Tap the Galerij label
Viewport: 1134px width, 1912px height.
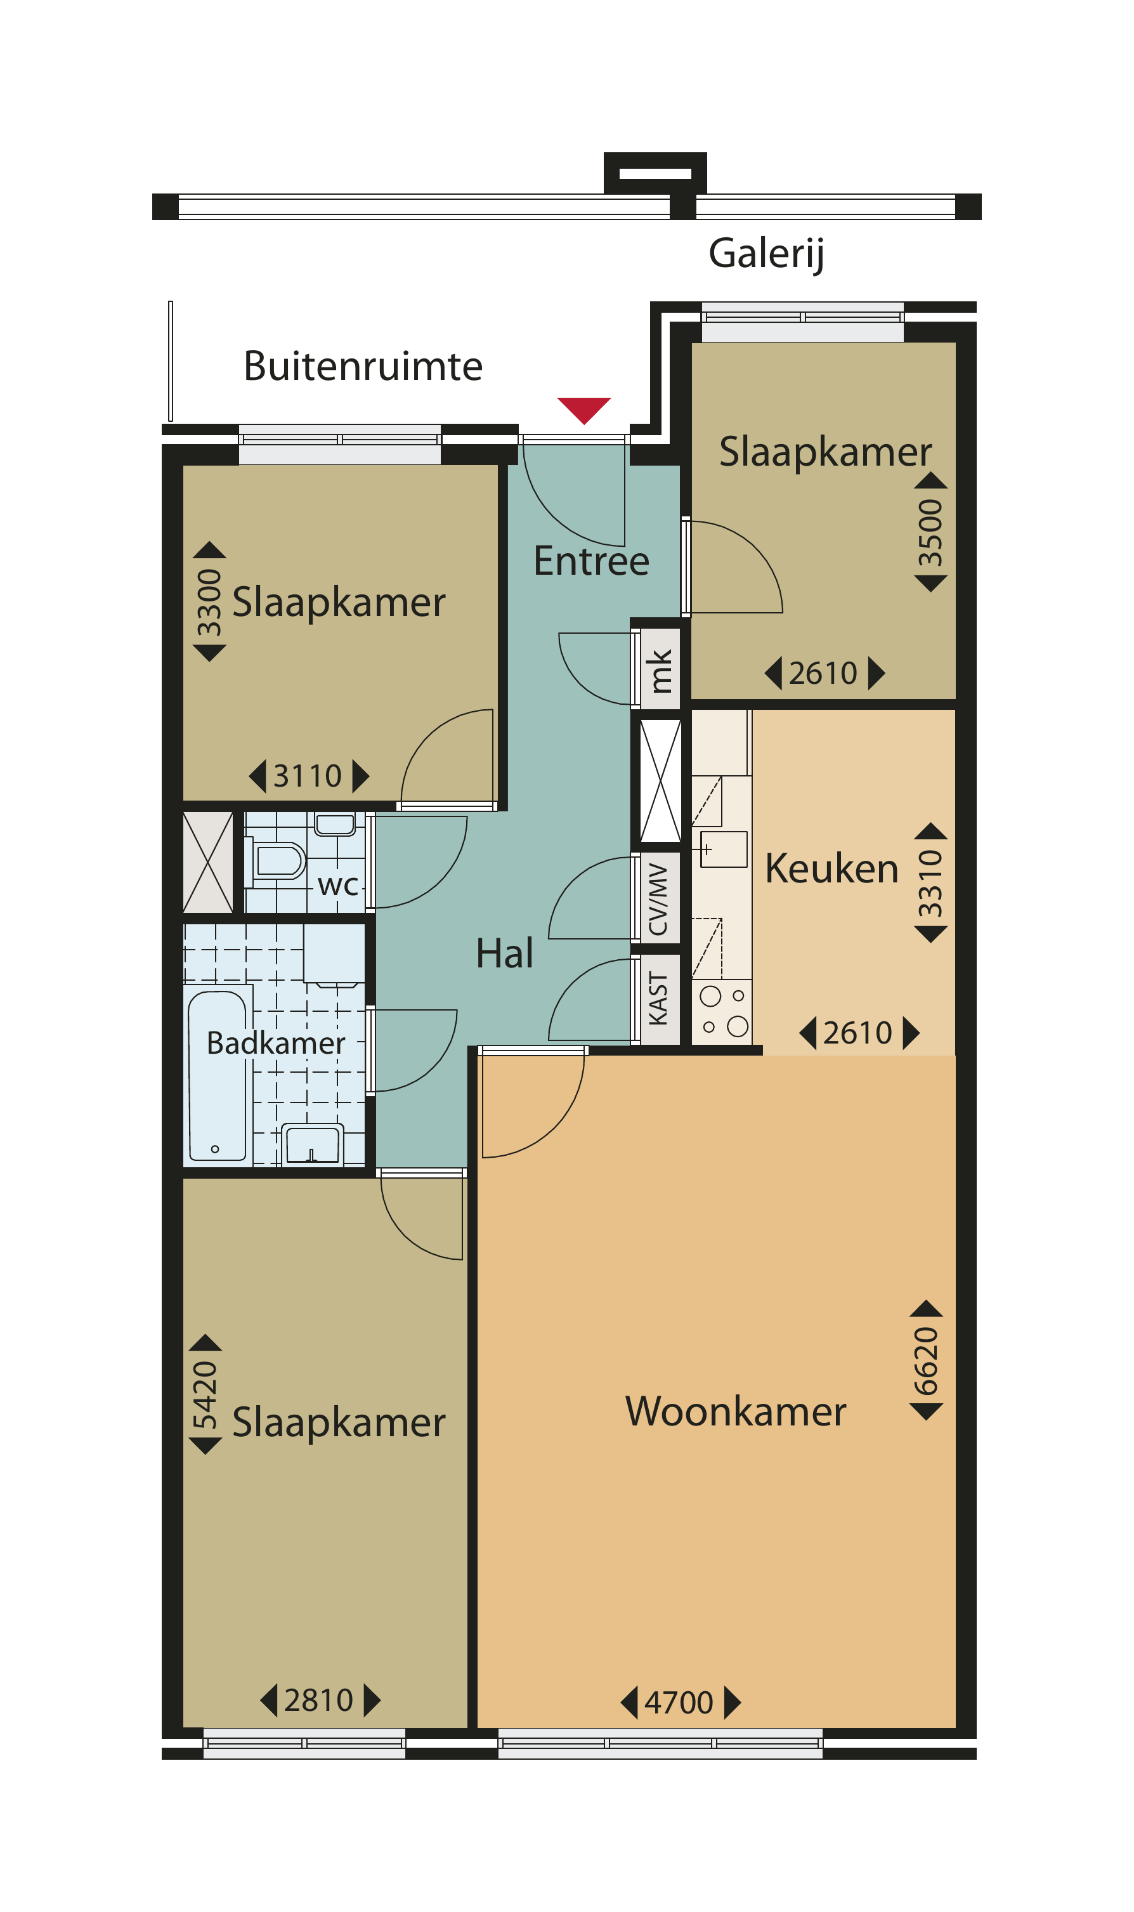(x=766, y=254)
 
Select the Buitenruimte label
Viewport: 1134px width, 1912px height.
(x=363, y=366)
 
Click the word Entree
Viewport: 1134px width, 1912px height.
(x=592, y=561)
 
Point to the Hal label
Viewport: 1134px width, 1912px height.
(x=504, y=953)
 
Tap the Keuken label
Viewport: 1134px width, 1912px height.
(x=831, y=869)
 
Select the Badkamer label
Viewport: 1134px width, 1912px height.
(x=276, y=1043)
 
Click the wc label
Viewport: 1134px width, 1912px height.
(x=338, y=885)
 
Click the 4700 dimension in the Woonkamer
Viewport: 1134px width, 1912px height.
(x=679, y=1703)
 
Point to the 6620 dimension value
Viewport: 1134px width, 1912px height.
(x=925, y=1361)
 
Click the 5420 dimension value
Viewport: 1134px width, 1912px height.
(x=205, y=1394)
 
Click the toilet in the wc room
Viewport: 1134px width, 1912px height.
(x=275, y=861)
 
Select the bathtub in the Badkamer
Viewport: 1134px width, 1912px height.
(x=218, y=1077)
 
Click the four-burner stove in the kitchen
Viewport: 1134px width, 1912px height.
(x=723, y=1012)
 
